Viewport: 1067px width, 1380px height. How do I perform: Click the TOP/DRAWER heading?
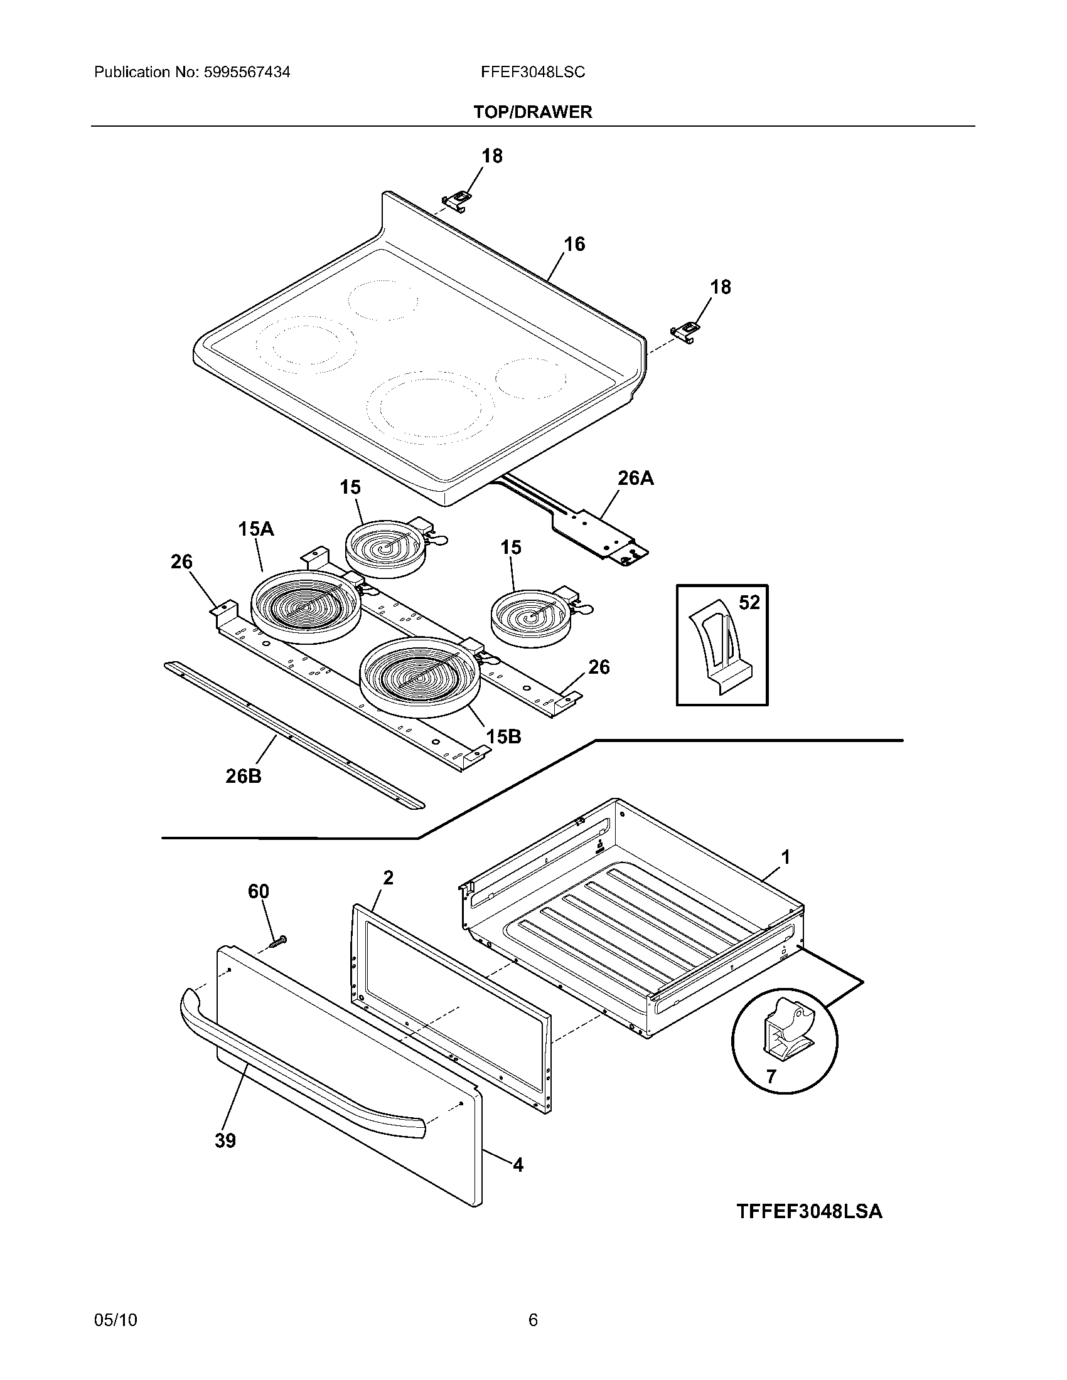(533, 112)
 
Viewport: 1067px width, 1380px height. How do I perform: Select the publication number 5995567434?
(247, 73)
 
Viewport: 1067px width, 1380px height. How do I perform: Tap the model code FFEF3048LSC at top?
(533, 73)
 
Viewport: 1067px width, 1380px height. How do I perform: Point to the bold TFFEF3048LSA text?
(809, 1211)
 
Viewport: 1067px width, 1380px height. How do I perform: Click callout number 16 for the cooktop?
(574, 244)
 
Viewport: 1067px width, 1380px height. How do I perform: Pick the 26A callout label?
(635, 479)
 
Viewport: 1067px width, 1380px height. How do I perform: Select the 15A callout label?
(256, 529)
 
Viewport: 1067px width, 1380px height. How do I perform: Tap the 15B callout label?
(503, 736)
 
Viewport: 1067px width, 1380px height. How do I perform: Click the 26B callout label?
(244, 776)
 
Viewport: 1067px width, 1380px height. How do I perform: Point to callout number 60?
(258, 891)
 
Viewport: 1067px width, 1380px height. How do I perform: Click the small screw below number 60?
(277, 941)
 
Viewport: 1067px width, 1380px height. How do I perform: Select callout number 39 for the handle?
(225, 1140)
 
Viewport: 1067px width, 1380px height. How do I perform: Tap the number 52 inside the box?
(749, 603)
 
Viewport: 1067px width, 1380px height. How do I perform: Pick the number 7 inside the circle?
(771, 1076)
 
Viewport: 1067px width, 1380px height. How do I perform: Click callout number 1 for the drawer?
(786, 857)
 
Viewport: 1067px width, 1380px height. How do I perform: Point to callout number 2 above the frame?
(388, 878)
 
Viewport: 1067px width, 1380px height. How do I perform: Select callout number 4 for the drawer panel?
(518, 1165)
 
